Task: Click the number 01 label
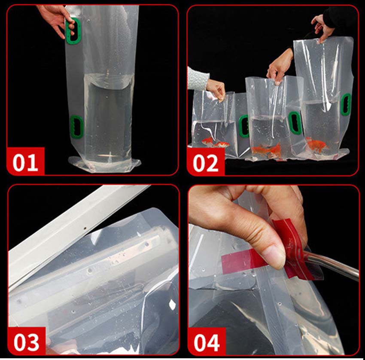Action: [25, 162]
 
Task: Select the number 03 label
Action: [26, 342]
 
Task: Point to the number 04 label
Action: [207, 343]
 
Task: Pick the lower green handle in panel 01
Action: [76, 127]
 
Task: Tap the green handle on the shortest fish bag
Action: [244, 126]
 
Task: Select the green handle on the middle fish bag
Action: [295, 123]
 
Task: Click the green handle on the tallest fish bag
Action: [346, 104]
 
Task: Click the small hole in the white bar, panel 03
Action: [85, 228]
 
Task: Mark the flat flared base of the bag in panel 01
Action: [105, 165]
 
